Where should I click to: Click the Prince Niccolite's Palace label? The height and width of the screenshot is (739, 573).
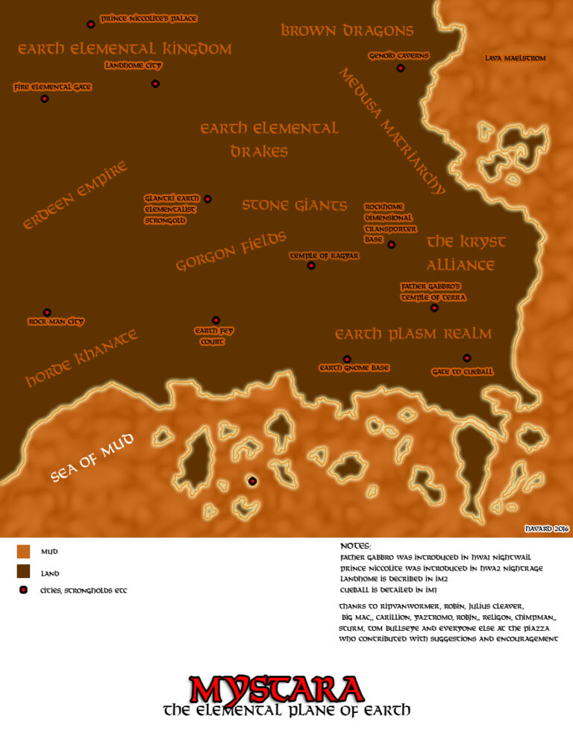[x=149, y=19]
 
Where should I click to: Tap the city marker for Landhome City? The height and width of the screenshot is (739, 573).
[x=155, y=84]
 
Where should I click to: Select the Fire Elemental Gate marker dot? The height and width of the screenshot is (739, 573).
[x=45, y=98]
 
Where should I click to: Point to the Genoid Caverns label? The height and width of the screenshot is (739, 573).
[x=399, y=56]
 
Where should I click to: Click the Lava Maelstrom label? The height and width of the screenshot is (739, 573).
[x=516, y=58]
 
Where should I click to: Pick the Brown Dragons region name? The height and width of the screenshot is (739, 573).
[x=347, y=31]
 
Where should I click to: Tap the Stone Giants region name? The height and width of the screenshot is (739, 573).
[x=295, y=205]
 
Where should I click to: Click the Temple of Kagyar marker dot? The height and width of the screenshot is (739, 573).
[x=311, y=265]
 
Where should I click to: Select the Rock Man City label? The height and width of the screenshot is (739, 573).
[x=56, y=322]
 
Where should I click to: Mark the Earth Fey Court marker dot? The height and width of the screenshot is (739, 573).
[x=216, y=320]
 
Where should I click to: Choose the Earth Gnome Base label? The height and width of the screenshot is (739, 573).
[x=354, y=368]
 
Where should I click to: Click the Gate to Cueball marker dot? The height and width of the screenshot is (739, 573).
[x=467, y=358]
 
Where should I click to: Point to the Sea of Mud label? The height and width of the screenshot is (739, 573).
[x=93, y=458]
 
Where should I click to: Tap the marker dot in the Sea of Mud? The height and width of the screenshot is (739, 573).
[x=252, y=481]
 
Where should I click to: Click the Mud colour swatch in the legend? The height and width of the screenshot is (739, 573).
[x=24, y=552]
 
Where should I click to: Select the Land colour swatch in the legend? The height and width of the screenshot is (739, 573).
[x=24, y=572]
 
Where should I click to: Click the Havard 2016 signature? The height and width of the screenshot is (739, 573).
[x=547, y=529]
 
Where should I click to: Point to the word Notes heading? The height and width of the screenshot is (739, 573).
[x=355, y=547]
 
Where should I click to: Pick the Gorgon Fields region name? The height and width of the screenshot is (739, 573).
[x=231, y=251]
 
